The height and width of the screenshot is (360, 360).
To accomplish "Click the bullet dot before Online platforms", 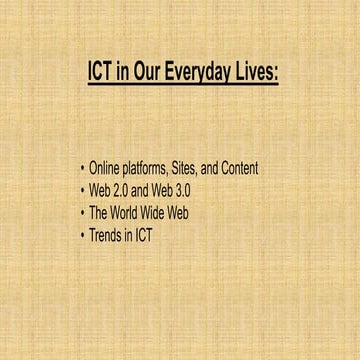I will point(82,168).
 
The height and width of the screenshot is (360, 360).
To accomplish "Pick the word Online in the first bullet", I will point(105,168).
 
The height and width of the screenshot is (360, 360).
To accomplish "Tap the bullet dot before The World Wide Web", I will point(82,212).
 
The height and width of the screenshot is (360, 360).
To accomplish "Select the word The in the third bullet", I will point(99,212).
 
